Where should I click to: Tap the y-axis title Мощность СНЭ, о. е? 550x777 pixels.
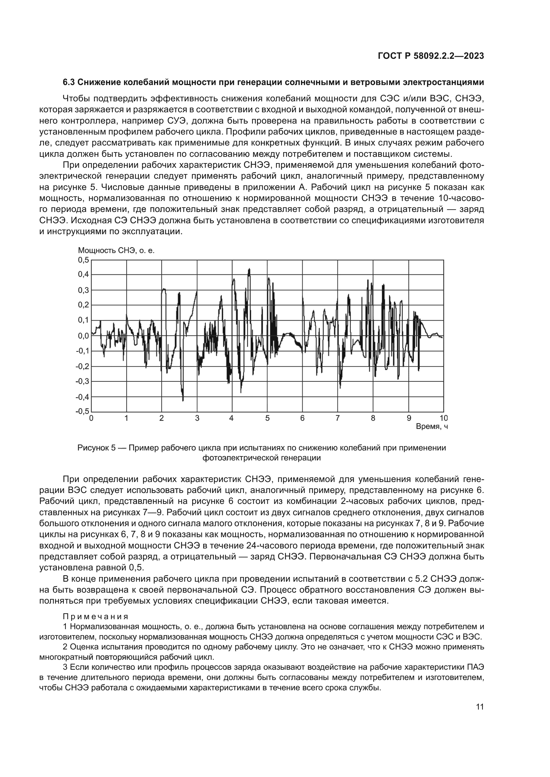(116, 250)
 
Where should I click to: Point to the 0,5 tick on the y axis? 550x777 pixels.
(83, 260)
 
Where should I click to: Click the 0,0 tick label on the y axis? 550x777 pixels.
(83, 336)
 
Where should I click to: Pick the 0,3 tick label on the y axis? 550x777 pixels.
(83, 290)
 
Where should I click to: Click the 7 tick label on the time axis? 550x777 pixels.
(338, 418)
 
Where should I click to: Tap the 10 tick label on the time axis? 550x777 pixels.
(443, 418)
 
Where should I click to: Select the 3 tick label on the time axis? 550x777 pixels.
(197, 418)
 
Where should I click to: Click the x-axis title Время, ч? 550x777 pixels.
(432, 427)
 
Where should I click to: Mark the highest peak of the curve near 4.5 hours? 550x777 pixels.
(249, 269)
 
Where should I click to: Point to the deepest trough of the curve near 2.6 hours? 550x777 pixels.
(183, 400)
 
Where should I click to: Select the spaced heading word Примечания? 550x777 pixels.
(95, 616)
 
